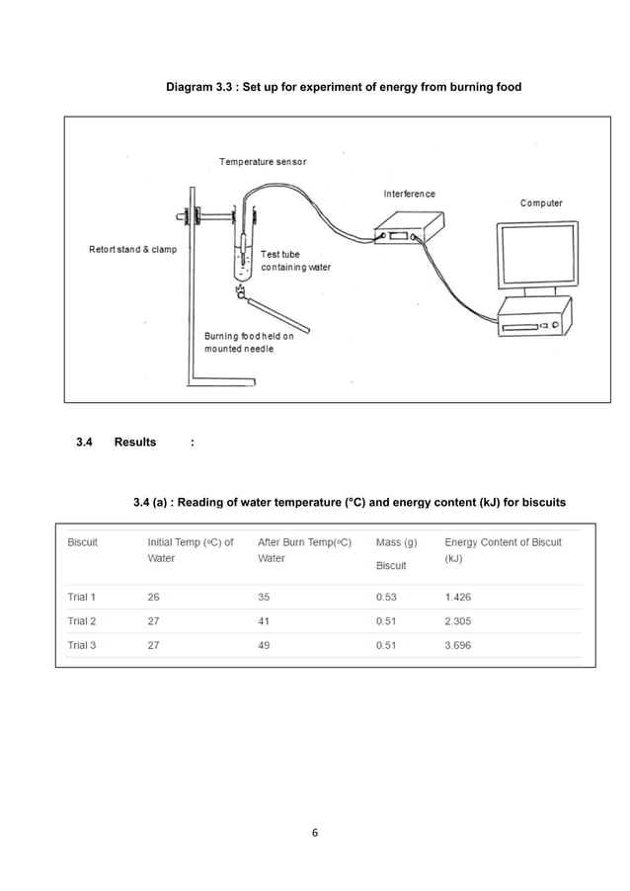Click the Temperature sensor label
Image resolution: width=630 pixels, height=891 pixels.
pos(263,162)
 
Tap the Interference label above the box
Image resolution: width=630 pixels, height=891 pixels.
pos(409,194)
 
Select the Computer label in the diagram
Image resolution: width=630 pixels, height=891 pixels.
pos(541,203)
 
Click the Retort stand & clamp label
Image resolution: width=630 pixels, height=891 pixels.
pos(133,249)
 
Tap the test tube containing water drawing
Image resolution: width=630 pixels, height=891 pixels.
pos(243,259)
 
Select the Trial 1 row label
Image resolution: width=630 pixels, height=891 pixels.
pos(82,597)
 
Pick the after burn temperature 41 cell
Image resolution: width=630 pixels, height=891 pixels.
pos(264,621)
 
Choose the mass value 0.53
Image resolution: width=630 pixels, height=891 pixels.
pos(388,597)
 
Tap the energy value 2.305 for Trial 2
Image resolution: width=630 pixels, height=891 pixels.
pos(460,621)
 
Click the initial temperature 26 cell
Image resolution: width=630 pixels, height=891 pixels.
pos(154,597)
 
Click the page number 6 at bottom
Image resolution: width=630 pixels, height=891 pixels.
pos(315,832)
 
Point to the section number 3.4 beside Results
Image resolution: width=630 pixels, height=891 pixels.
pos(85,442)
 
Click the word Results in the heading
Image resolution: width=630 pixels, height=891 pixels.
pos(135,442)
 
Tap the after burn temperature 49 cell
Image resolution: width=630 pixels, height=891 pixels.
pos(264,645)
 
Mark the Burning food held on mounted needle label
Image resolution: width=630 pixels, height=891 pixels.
pos(249,343)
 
